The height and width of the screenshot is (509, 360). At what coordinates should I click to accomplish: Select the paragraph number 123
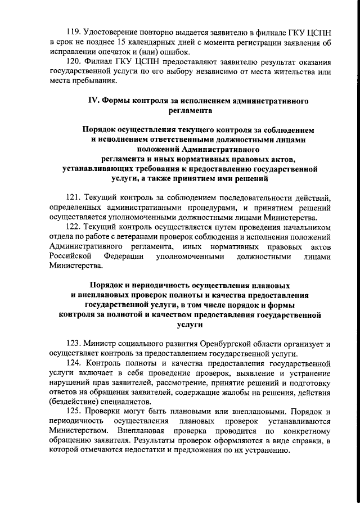click(74, 344)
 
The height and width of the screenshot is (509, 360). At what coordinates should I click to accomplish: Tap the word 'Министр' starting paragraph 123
click(102, 344)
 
